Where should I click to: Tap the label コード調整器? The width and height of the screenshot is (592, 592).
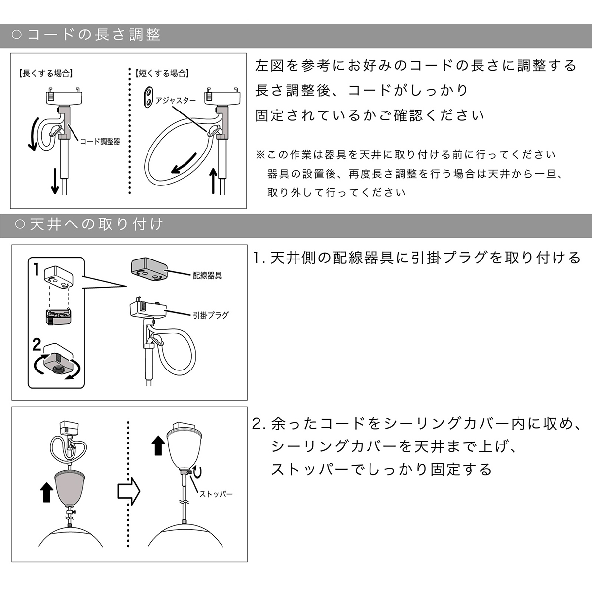[x=100, y=141]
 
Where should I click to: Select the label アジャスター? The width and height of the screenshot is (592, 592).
[x=176, y=100]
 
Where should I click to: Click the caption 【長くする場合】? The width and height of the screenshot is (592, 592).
[x=45, y=74]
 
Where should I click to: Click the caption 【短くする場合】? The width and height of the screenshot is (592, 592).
[x=162, y=74]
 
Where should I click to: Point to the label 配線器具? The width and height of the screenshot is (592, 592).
[x=207, y=276]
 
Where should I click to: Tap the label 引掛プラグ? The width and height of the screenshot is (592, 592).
[x=211, y=315]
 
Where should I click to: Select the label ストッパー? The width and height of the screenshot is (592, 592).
[x=216, y=494]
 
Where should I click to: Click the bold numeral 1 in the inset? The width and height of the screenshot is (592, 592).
[x=36, y=270]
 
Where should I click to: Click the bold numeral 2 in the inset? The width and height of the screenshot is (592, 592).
[x=37, y=345]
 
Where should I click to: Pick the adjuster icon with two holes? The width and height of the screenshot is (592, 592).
[x=149, y=97]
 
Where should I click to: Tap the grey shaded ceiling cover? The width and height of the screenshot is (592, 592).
[x=70, y=488]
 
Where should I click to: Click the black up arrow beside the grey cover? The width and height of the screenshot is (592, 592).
[x=46, y=492]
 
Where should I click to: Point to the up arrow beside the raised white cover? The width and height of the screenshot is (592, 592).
[x=158, y=446]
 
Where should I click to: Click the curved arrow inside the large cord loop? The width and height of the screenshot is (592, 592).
[x=183, y=164]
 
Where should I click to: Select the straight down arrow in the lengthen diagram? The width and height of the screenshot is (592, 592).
[x=55, y=181]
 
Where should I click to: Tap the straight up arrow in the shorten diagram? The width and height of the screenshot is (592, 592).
[x=213, y=181]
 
